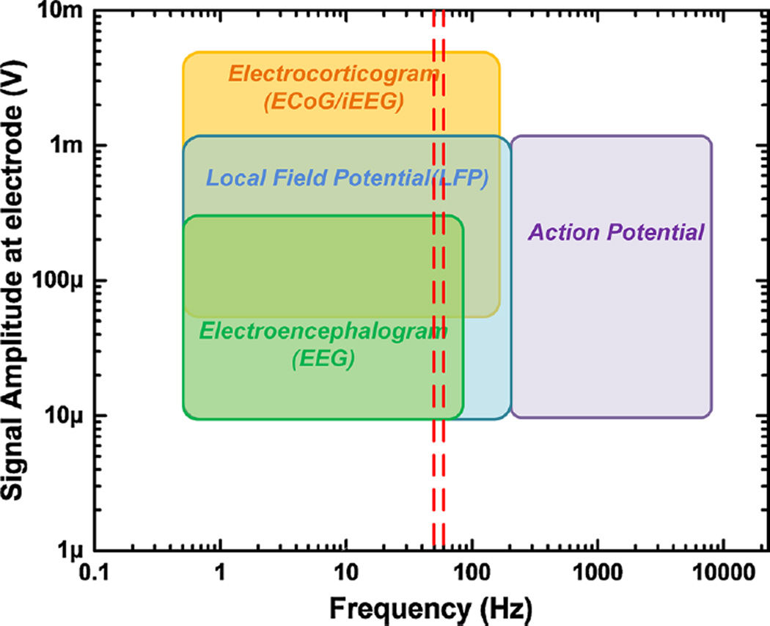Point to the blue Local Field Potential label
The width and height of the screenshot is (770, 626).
(347, 178)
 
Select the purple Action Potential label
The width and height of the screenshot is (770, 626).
(616, 233)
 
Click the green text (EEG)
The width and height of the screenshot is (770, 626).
(323, 359)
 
